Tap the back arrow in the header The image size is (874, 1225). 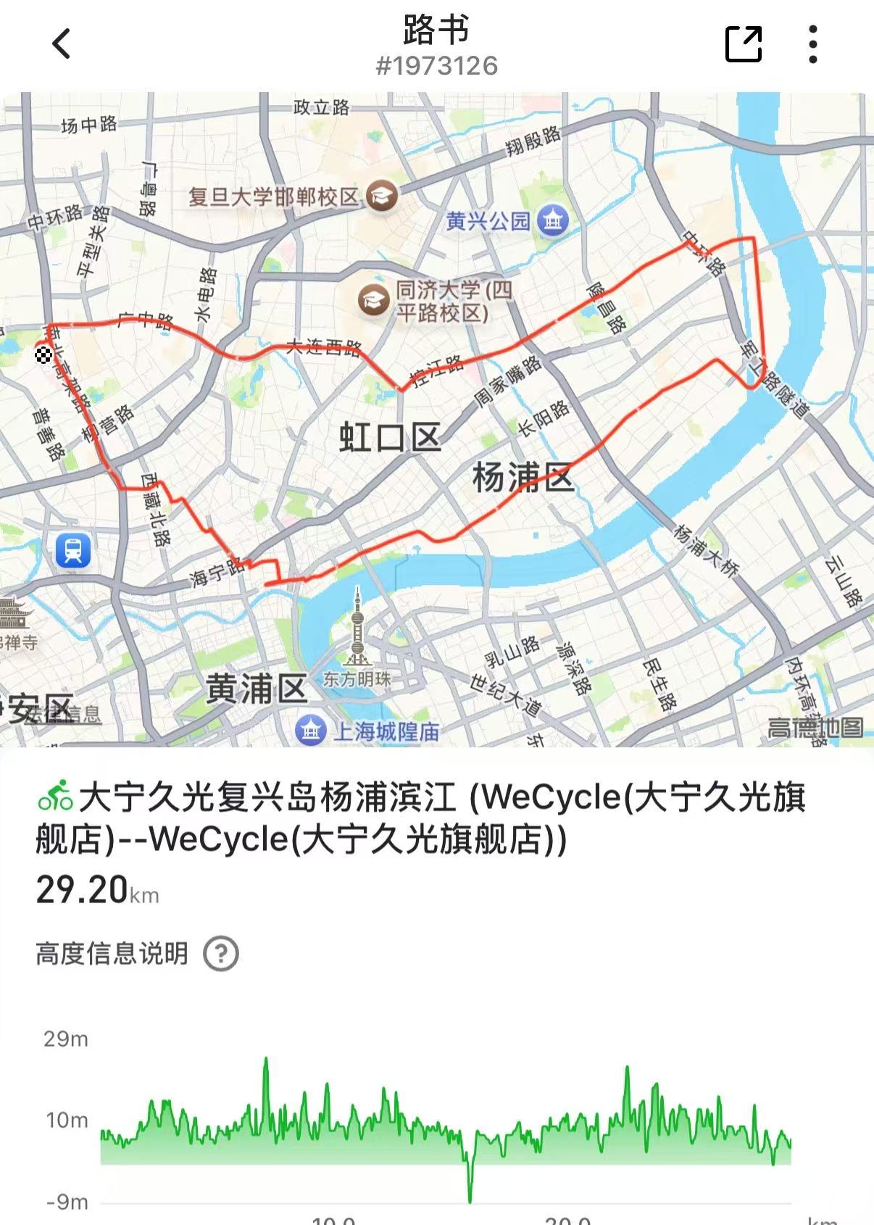coord(62,43)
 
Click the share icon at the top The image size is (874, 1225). coord(744,43)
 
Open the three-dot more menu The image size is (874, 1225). coord(813,43)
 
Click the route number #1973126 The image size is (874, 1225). coord(436,66)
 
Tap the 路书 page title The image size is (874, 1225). coord(436,29)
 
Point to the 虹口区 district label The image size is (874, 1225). coord(390,438)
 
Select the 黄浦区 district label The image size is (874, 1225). coord(257,689)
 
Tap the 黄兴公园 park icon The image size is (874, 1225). coord(553,220)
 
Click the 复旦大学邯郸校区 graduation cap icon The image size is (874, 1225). coord(381,196)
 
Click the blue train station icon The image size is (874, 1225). coord(73,550)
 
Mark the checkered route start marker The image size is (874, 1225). coord(43,354)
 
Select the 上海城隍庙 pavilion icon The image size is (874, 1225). coord(312,731)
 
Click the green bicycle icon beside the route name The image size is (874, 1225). coord(55,797)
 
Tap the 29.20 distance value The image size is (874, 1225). coord(82,889)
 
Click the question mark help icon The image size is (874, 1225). coord(221,954)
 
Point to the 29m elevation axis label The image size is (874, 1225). coord(66,1039)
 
